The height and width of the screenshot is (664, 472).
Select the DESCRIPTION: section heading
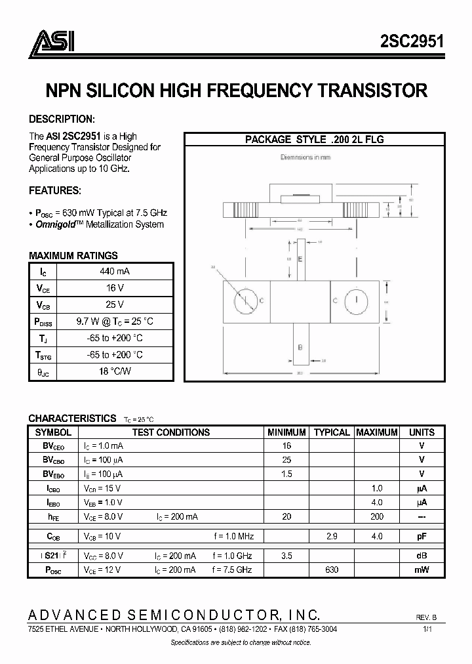[x=62, y=119]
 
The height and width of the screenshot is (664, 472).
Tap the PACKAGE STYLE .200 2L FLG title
[x=314, y=139]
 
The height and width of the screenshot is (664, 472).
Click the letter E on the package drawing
[x=300, y=260]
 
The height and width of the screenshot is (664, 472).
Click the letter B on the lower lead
[x=300, y=347]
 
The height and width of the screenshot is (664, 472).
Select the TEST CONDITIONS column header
[x=170, y=432]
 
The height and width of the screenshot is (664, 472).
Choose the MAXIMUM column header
[x=376, y=432]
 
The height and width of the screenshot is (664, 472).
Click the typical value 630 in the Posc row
[x=332, y=570]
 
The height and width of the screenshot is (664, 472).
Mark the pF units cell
[x=422, y=536]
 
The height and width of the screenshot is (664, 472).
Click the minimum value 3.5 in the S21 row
[x=286, y=555]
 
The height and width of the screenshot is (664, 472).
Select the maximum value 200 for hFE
[x=377, y=517]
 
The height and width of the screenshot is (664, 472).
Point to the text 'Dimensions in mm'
[x=305, y=157]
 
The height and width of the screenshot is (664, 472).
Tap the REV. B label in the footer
[x=426, y=617]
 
